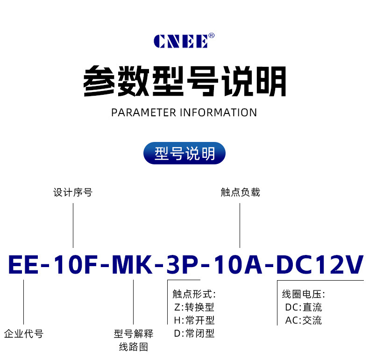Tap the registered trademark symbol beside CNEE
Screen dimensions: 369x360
coord(212,35)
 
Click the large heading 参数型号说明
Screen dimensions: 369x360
coord(184,82)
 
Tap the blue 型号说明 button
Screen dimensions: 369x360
coord(184,153)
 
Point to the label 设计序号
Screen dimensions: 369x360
coord(73,192)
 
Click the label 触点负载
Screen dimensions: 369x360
coord(240,192)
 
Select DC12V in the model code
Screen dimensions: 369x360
coord(320,265)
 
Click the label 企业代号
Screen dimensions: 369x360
coord(23,334)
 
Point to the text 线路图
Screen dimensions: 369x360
coord(134,347)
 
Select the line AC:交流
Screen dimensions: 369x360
coord(303,320)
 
